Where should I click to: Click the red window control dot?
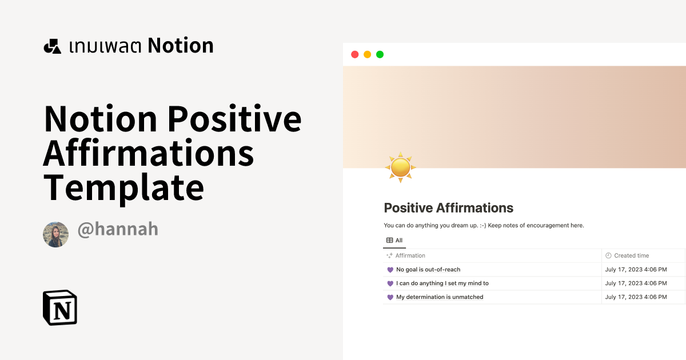click(x=354, y=54)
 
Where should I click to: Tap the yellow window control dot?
click(x=367, y=54)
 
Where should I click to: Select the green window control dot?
click(x=380, y=54)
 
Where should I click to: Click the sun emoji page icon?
click(x=400, y=167)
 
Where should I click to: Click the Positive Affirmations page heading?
click(x=448, y=208)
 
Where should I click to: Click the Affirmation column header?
click(x=410, y=255)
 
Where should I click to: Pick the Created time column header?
click(x=631, y=255)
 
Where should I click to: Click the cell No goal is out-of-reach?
click(x=428, y=270)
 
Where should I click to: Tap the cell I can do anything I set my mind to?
click(x=442, y=283)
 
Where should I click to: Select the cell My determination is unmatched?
click(x=440, y=297)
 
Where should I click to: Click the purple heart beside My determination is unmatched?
click(x=390, y=297)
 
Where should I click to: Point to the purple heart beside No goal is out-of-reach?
click(x=390, y=270)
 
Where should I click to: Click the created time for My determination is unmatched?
click(x=636, y=297)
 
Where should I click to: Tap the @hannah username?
click(x=118, y=230)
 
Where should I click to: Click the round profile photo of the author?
click(x=56, y=234)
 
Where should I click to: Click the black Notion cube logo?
click(x=60, y=307)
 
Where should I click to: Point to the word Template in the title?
click(x=123, y=187)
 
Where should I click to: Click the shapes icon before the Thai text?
click(x=52, y=46)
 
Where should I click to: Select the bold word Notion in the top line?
click(x=181, y=46)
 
